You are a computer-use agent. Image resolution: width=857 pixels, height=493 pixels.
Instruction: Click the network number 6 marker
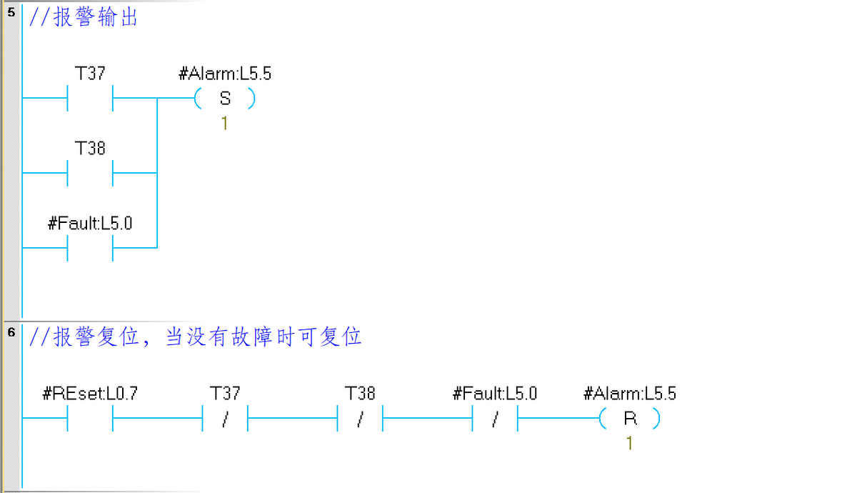click(x=11, y=333)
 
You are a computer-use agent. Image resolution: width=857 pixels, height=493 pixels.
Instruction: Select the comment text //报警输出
click(x=84, y=18)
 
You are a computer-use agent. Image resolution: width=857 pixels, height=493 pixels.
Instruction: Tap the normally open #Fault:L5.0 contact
click(x=90, y=248)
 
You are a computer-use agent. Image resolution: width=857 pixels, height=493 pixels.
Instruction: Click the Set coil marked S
click(x=224, y=99)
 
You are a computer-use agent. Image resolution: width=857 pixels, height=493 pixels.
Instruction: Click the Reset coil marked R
click(x=630, y=419)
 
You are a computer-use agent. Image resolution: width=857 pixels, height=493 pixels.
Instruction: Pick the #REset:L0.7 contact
click(x=90, y=419)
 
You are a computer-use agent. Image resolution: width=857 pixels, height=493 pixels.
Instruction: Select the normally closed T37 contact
click(x=225, y=419)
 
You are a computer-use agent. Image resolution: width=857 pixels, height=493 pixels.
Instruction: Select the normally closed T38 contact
click(x=360, y=419)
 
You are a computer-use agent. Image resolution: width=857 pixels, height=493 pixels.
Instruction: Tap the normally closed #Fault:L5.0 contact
click(x=495, y=419)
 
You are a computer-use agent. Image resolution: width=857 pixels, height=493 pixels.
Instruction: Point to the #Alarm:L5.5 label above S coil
click(x=224, y=74)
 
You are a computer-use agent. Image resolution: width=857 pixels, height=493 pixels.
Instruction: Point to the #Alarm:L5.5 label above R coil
click(x=630, y=394)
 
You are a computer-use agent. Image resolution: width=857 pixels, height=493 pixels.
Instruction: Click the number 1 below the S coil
click(x=224, y=124)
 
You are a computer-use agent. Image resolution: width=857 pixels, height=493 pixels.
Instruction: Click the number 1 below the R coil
click(x=629, y=444)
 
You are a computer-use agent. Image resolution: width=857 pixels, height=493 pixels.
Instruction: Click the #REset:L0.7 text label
click(x=90, y=394)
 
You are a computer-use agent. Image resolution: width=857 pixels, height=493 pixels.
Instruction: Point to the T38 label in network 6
click(x=360, y=394)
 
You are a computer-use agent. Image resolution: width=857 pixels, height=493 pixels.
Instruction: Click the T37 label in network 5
click(x=90, y=74)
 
